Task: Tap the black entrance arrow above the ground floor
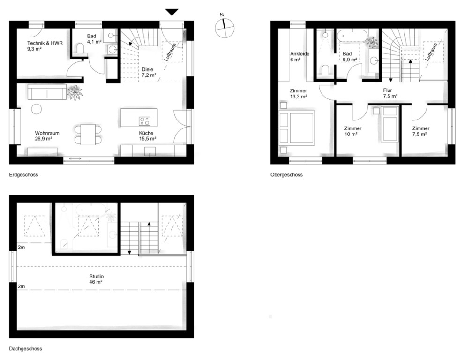coord(172,12)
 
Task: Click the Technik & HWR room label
coord(45,46)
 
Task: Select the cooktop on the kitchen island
coord(145,120)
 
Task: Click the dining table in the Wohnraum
coord(88,135)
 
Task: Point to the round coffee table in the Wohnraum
coord(37,109)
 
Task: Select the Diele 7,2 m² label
coord(149,72)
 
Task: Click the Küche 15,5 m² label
coord(148,135)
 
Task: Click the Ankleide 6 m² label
coord(299,57)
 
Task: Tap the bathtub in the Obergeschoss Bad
coord(352,36)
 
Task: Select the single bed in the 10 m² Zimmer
coord(390,124)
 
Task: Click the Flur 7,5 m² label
coord(390,93)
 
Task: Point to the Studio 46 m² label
coord(96,279)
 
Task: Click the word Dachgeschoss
coord(25,349)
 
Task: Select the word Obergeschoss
coord(286,175)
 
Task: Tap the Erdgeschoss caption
coord(24,175)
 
